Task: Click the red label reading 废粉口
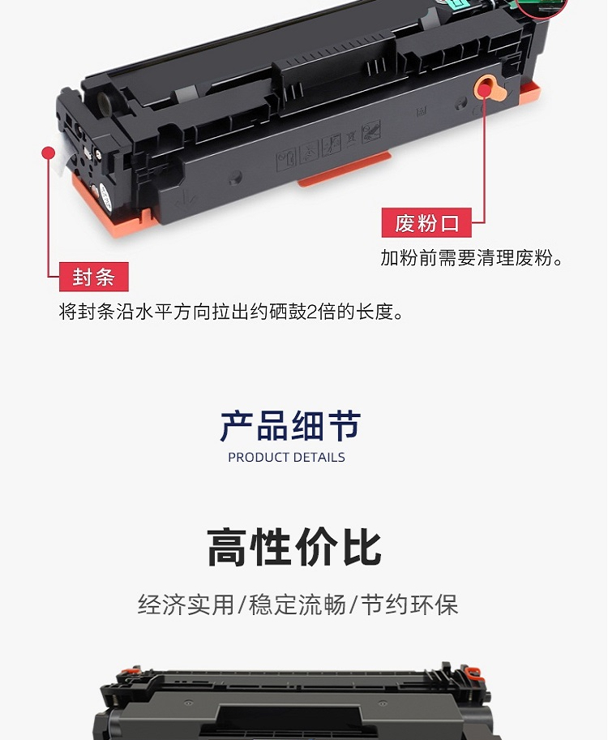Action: point(426,223)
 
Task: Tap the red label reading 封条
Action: point(93,277)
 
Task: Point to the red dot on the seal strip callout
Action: point(48,153)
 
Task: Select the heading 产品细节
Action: point(290,426)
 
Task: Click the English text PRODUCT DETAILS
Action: point(286,458)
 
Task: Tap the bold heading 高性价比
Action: point(293,548)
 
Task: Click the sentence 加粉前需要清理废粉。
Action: point(472,258)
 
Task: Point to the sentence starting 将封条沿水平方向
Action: point(231,312)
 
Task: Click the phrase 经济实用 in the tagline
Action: point(186,604)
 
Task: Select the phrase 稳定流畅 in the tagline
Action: point(298,604)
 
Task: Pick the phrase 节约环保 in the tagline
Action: point(409,604)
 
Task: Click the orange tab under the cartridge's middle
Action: point(344,169)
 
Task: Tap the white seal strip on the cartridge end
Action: point(62,153)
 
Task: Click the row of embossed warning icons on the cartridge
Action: point(328,145)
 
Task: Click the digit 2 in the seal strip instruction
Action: point(312,312)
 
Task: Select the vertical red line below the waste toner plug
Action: point(484,161)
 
